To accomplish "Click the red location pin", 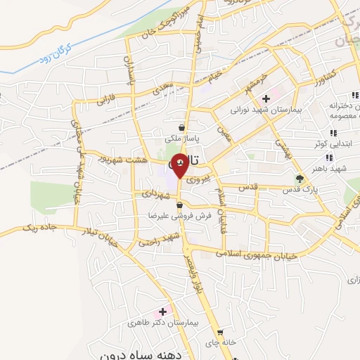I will coord(180,166).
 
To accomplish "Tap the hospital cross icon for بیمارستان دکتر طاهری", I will coord(163,310).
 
